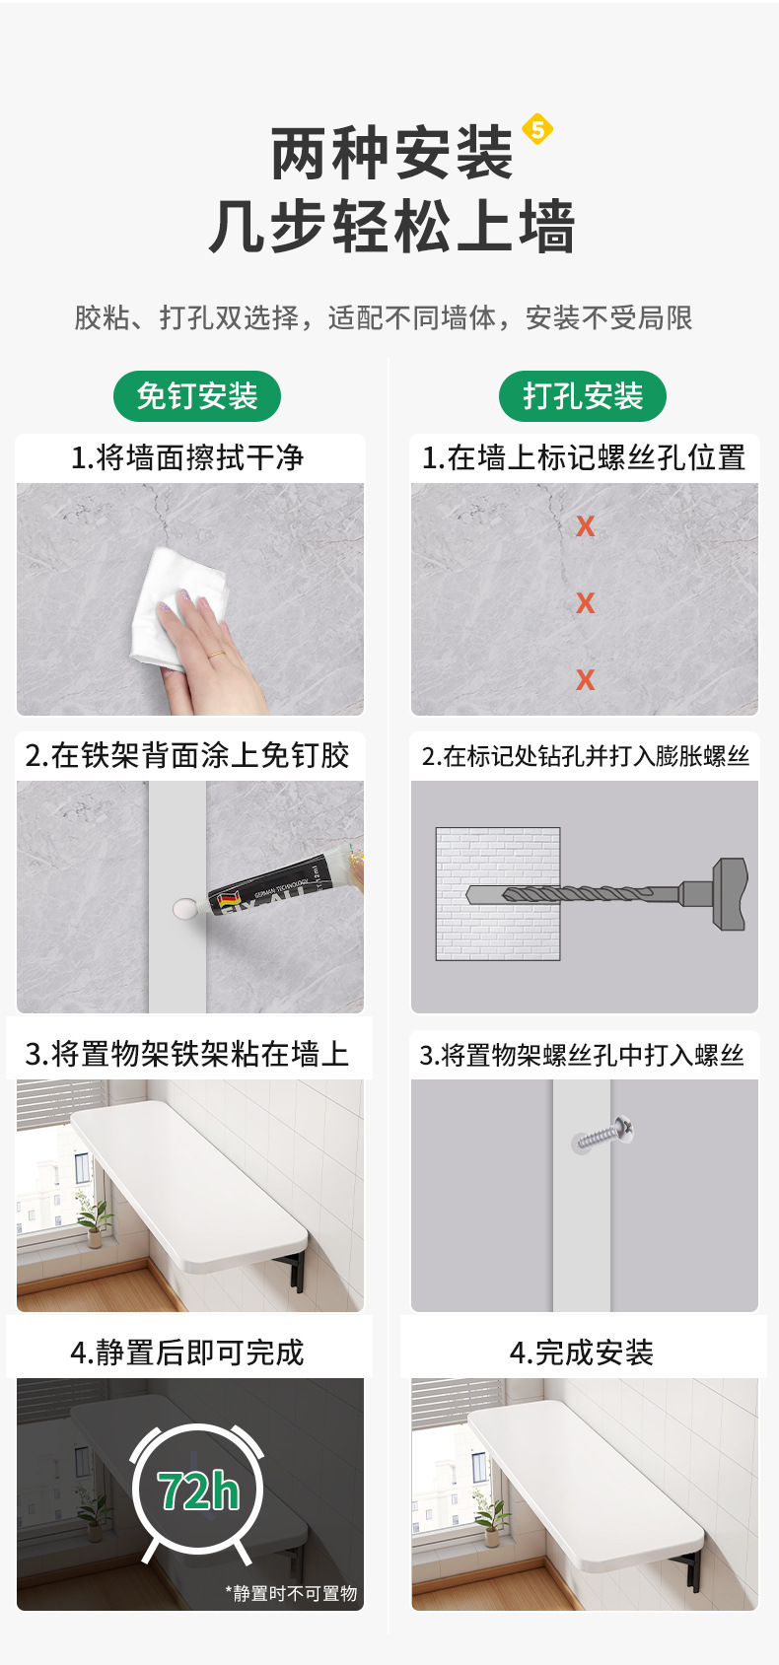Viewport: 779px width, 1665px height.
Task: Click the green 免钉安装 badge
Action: click(x=196, y=396)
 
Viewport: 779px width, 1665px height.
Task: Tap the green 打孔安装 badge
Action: click(x=583, y=396)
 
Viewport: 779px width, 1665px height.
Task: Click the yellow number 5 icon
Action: click(x=536, y=128)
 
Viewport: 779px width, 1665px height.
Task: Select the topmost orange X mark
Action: click(x=585, y=525)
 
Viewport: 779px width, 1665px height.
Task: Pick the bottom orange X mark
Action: click(x=585, y=679)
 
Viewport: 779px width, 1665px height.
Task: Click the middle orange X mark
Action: click(x=585, y=602)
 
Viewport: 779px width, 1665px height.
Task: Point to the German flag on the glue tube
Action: click(x=226, y=897)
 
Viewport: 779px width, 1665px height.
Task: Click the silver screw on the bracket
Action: click(x=602, y=1134)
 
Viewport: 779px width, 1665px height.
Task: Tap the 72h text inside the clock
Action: click(x=198, y=1491)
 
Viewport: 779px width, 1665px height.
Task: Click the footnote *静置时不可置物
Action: click(x=291, y=1594)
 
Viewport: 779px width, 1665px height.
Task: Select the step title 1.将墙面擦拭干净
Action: click(x=187, y=457)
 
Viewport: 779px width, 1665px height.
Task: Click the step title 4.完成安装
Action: click(x=582, y=1353)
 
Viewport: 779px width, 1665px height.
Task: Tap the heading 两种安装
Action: click(x=392, y=154)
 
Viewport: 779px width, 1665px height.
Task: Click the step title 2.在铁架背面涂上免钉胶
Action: click(x=187, y=755)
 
